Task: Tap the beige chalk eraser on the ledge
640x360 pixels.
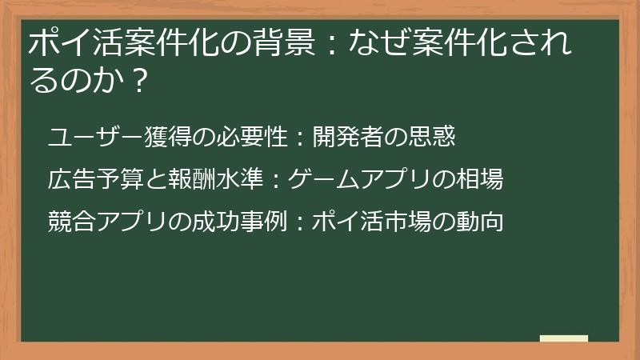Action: [x=564, y=338]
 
